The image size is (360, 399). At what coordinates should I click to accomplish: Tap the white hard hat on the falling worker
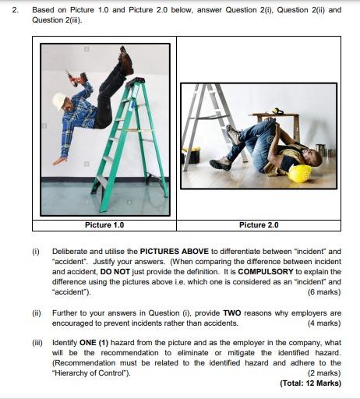pos(58,101)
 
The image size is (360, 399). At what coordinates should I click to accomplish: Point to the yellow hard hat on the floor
pos(300,173)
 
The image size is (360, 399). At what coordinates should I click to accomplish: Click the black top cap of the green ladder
pos(135,82)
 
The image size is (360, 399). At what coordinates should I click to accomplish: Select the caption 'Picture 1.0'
pos(104,225)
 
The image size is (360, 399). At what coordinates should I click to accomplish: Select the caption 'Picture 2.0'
pos(259,225)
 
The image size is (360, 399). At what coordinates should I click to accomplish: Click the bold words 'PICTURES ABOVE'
pos(175,252)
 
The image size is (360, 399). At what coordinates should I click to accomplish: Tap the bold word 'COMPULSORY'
pos(266,272)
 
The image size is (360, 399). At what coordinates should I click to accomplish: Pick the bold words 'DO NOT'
pos(115,272)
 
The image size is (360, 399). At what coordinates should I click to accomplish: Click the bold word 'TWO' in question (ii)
pos(232,313)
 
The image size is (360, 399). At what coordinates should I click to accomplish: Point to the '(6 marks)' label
pos(324,292)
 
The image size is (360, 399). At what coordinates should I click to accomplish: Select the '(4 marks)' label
pos(324,323)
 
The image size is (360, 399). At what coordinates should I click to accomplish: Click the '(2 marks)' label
pos(324,373)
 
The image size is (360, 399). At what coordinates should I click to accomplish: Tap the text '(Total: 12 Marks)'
pos(310,383)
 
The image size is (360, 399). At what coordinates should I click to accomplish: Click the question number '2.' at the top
pos(16,10)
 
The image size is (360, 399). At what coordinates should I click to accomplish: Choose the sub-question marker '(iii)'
pos(37,343)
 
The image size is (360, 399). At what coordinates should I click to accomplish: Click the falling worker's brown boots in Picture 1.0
pos(126,61)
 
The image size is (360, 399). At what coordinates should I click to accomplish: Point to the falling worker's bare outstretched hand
pos(59,161)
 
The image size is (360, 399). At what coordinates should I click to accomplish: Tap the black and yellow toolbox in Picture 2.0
pos(192,155)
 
